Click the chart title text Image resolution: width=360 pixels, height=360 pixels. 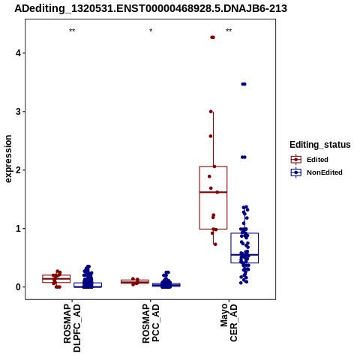(x=151, y=8)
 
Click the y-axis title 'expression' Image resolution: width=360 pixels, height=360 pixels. (x=8, y=159)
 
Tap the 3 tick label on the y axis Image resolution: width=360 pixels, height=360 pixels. (x=19, y=112)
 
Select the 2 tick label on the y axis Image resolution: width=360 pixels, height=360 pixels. (x=19, y=170)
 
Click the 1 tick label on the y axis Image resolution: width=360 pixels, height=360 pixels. (x=19, y=229)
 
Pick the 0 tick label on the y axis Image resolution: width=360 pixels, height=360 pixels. (x=19, y=287)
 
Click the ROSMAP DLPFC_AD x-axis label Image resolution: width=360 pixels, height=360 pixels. (x=72, y=328)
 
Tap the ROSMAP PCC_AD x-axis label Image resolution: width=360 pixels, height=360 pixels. (x=151, y=323)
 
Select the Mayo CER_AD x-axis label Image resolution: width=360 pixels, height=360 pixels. (x=229, y=322)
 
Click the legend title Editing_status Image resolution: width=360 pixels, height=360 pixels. (x=320, y=145)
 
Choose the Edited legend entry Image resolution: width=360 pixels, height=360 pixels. (x=309, y=160)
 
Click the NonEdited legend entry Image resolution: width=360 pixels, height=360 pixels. (x=316, y=172)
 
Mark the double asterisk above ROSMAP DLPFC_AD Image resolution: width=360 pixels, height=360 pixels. (x=72, y=31)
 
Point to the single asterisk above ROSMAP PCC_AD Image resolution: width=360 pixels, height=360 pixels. (x=151, y=31)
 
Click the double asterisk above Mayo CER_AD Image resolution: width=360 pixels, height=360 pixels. (x=229, y=31)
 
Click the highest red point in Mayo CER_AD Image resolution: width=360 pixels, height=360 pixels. (x=212, y=37)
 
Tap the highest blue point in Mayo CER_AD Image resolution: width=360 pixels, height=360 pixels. (x=244, y=84)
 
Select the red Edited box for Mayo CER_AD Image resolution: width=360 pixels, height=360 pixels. (x=213, y=198)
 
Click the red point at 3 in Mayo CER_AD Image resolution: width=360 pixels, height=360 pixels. (x=211, y=112)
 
